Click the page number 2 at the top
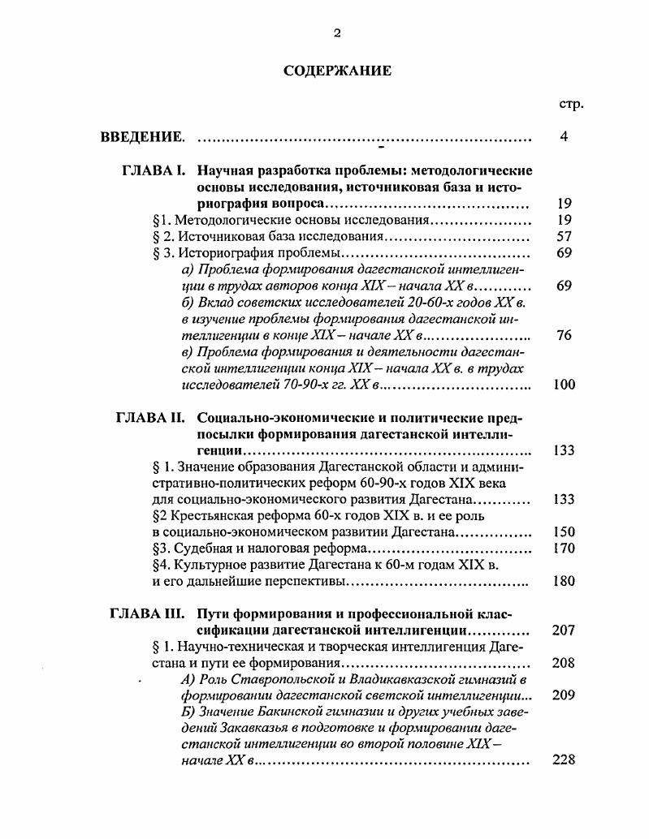tap(337, 32)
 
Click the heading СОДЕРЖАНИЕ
tap(337, 71)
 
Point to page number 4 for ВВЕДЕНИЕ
tap(564, 136)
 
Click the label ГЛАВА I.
tap(154, 171)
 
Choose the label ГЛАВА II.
tap(152, 419)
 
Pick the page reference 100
tap(564, 385)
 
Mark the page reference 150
tap(564, 532)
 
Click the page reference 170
tap(564, 549)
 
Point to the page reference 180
tap(564, 581)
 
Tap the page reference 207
tap(564, 630)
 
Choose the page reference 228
tap(564, 760)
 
